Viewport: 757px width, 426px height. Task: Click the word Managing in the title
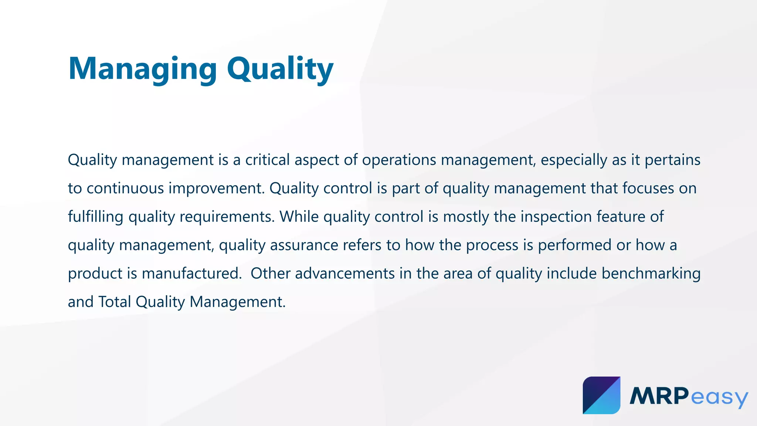(142, 69)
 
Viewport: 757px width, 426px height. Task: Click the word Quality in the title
(280, 69)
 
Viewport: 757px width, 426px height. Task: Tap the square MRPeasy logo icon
(601, 395)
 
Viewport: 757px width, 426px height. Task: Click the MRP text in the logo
(659, 396)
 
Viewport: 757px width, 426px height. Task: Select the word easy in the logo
(719, 398)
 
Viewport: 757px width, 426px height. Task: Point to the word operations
(399, 160)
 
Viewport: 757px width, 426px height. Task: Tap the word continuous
(125, 188)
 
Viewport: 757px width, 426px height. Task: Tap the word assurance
(304, 245)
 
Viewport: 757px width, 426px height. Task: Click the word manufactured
(191, 274)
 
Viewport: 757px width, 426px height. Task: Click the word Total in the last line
(115, 302)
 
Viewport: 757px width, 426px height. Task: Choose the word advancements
(344, 274)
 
